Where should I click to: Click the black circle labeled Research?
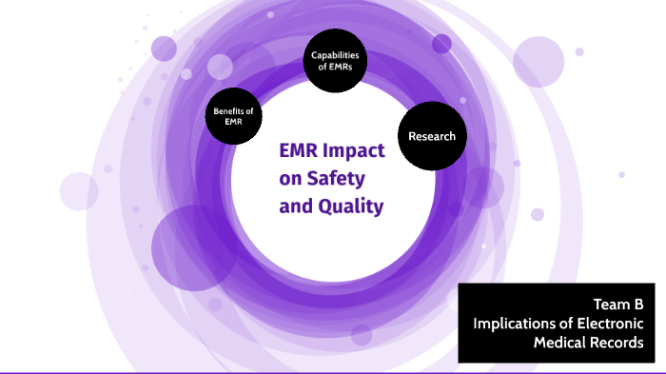pos(431,136)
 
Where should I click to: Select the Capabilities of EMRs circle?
pos(335,61)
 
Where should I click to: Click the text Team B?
pos(618,305)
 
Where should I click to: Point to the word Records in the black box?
pos(617,343)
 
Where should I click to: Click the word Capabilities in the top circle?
pos(335,55)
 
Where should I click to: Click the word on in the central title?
pos(289,178)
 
